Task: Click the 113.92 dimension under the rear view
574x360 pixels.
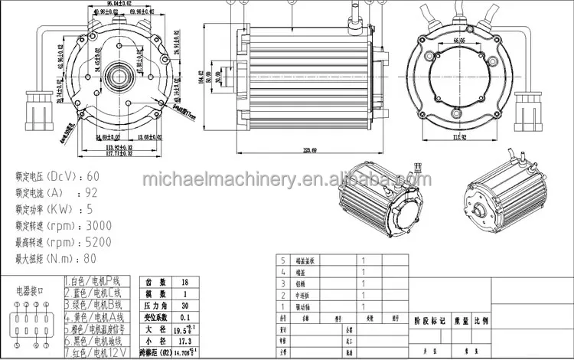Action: coord(459,137)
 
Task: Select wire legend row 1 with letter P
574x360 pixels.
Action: coord(97,281)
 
